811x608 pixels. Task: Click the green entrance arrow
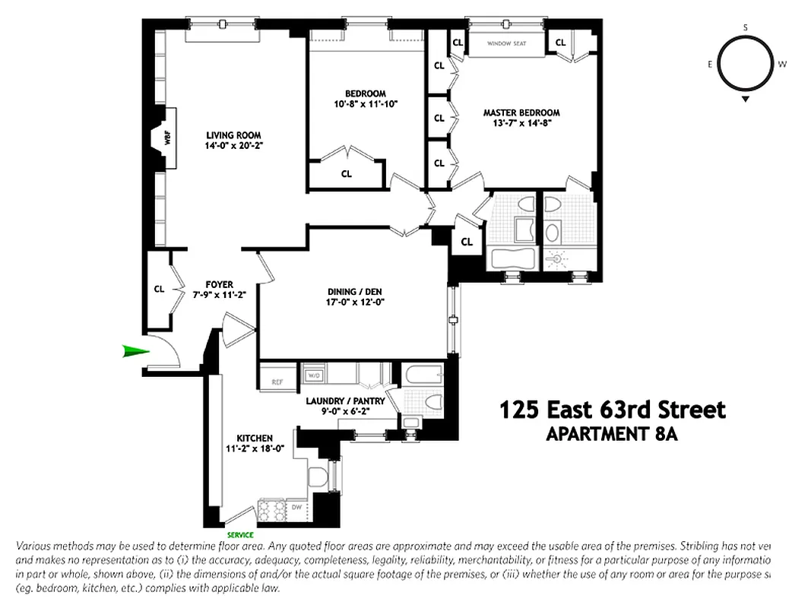coord(134,350)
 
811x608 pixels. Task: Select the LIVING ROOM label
coord(229,135)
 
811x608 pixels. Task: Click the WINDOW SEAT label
coord(507,43)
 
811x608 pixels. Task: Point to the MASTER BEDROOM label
coord(521,112)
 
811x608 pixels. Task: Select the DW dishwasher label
coord(297,506)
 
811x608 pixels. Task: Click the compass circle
coord(745,64)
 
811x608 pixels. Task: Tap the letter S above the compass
coord(746,28)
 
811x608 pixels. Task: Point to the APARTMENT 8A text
coord(612,435)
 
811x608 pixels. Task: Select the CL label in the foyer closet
coord(160,289)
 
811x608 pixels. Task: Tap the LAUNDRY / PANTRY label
coord(346,401)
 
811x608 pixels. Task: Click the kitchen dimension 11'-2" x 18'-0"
coord(255,448)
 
